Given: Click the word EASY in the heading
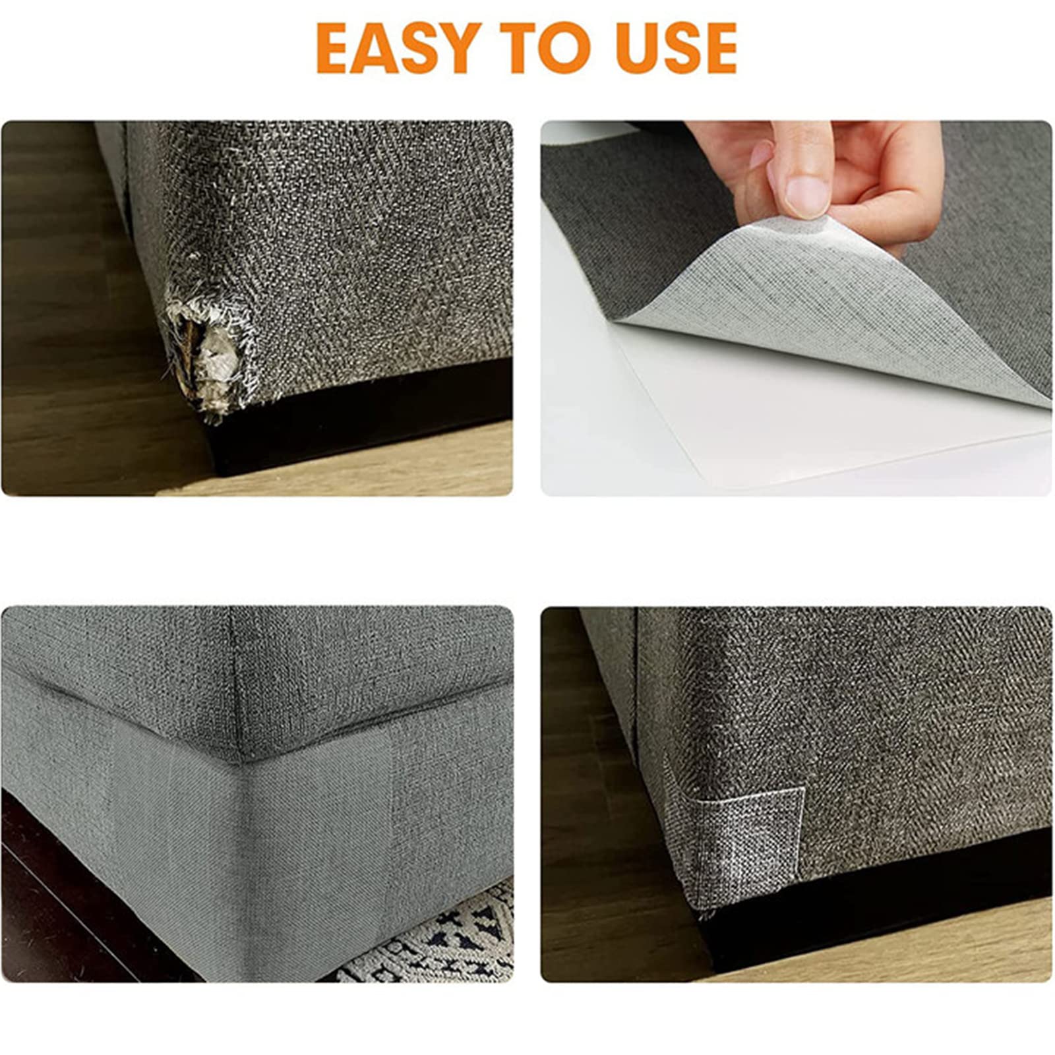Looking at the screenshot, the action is pos(398,47).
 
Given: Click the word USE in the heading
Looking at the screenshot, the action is pos(677,47).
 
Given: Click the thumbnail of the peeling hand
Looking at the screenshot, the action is pos(797,308).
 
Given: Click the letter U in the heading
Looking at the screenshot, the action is pos(640,48).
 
